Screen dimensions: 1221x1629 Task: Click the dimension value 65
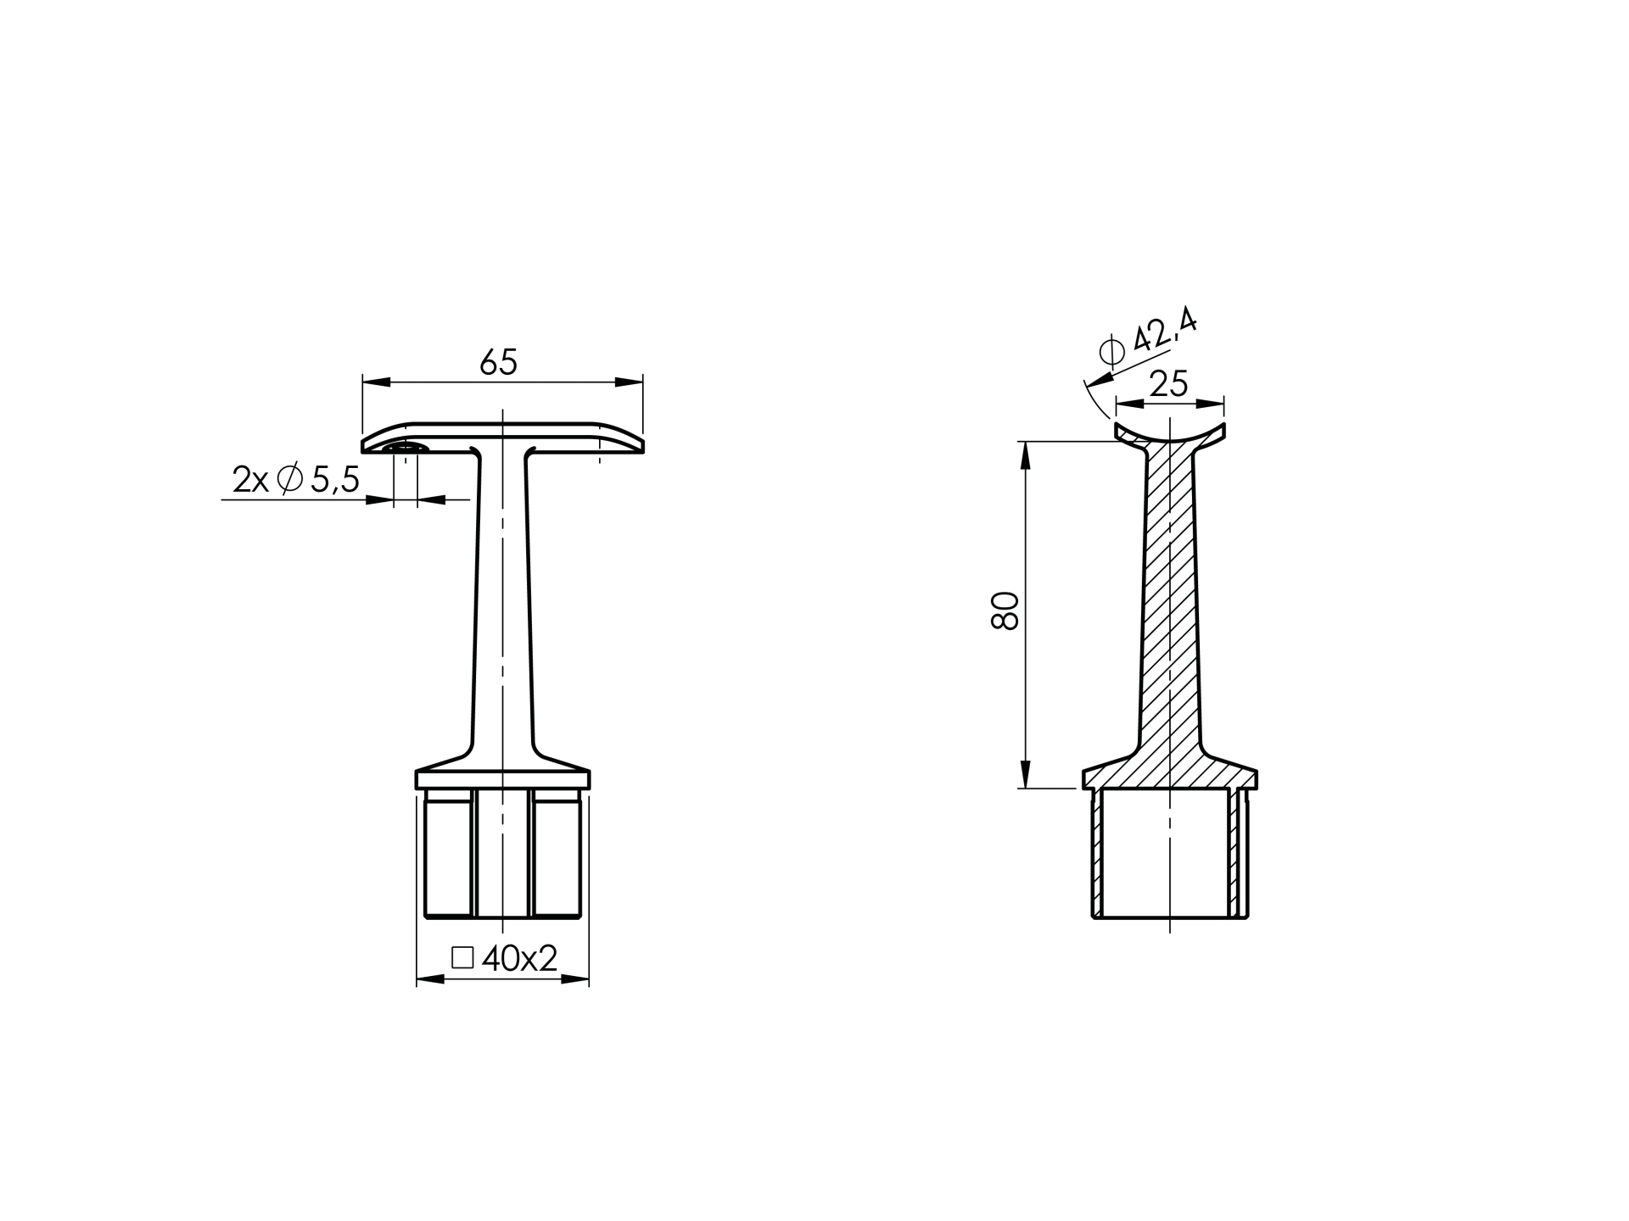498,363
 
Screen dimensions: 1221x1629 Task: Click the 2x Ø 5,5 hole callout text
296,480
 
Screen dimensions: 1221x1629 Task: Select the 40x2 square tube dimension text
519,959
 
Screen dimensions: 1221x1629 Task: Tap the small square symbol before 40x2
462,958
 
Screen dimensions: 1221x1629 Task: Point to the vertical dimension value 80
1005,610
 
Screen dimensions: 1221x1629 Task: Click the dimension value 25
1169,385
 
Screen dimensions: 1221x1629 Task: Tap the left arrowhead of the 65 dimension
376,382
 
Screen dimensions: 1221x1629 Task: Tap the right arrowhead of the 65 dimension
629,382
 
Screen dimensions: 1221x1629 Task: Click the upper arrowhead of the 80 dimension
1025,455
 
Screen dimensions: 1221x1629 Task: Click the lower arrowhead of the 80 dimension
1025,774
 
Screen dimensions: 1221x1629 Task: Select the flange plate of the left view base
502,780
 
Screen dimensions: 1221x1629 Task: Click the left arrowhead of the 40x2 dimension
430,979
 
